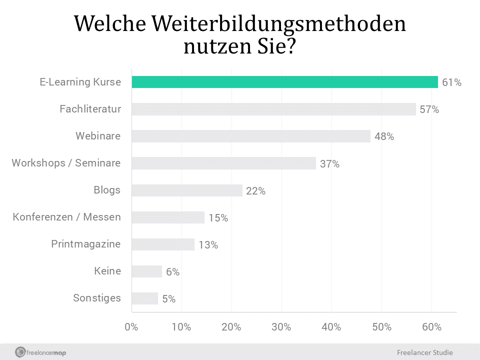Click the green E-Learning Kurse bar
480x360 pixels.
coord(284,82)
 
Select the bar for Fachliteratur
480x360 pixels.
coord(273,109)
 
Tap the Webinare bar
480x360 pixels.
coord(251,136)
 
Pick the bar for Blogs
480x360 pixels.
coord(187,190)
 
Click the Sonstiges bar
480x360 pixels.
coord(145,298)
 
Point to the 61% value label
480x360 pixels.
coord(451,82)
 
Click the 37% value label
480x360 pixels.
coord(329,164)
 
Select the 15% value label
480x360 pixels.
coord(218,218)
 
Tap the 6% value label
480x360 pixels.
coord(172,272)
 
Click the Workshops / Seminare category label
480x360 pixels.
coord(66,163)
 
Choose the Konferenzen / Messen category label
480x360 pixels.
coord(66,217)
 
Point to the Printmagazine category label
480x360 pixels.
coord(85,244)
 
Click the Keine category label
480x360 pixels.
coord(107,271)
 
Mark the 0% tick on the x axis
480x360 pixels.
coord(131,327)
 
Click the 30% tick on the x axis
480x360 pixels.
coord(281,327)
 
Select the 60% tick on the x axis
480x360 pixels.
coord(431,327)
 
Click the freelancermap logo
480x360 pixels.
coord(40,352)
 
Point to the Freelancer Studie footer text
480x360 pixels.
coord(424,352)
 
